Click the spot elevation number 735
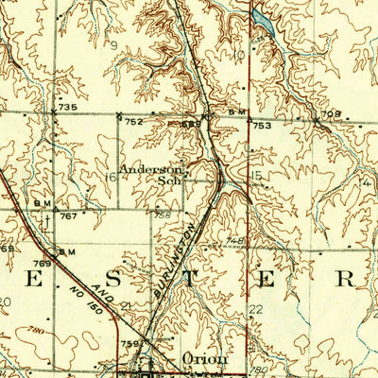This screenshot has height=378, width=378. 67,108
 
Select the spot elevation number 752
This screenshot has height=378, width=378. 133,121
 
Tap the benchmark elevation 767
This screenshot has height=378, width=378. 68,216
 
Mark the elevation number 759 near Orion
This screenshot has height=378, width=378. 130,343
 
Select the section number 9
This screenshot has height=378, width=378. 115,44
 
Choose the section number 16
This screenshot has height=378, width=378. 111,177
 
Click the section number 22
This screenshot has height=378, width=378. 255,310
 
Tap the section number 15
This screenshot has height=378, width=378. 255,177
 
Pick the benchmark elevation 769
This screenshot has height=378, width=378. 42,265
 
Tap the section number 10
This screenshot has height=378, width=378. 239,55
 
